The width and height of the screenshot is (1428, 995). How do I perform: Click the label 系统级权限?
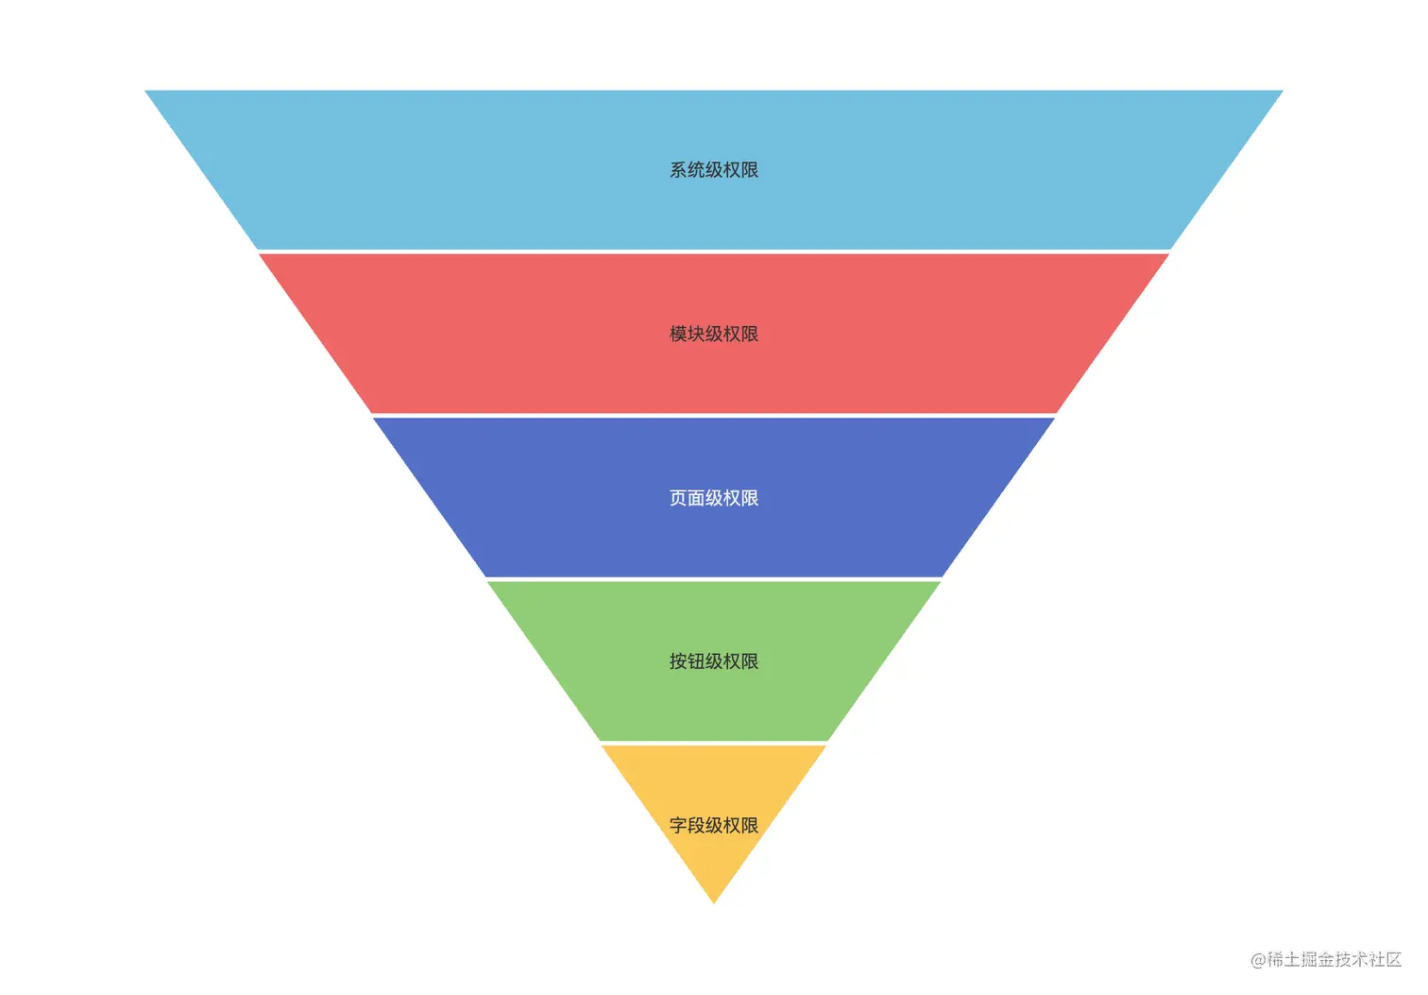point(714,170)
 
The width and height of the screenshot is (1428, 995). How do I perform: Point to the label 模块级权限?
point(714,334)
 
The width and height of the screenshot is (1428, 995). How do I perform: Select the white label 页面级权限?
point(714,498)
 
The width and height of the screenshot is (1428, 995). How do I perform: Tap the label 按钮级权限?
point(714,661)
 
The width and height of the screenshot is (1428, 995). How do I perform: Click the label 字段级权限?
point(714,825)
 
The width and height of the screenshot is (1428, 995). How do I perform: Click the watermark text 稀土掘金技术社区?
point(1334,959)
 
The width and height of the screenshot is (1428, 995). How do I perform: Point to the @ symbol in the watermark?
point(1258,960)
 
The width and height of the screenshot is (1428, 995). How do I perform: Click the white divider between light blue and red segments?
point(714,251)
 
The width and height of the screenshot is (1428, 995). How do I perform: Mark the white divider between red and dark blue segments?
point(714,415)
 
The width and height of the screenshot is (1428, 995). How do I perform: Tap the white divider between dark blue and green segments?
point(714,579)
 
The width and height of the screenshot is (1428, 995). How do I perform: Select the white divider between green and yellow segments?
point(714,743)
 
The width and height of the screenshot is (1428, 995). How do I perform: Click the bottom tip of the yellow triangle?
point(714,901)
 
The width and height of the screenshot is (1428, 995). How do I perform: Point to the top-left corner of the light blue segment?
point(147,92)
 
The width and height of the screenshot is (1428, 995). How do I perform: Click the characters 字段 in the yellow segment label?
point(687,825)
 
